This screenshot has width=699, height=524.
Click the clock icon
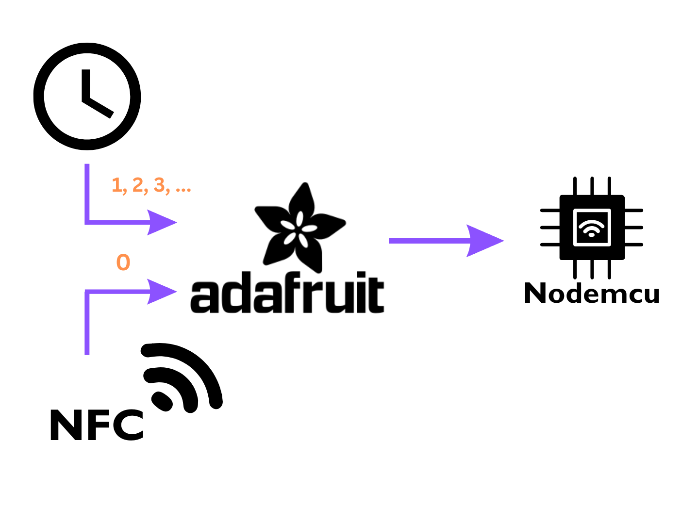pos(87,96)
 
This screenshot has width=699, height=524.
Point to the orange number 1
pos(117,185)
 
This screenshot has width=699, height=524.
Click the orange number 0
pos(123,262)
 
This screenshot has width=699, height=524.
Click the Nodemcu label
pos(591,294)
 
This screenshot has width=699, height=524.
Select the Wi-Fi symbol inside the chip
pos(592,227)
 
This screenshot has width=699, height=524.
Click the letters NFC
pos(97,425)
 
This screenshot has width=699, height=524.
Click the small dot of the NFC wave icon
pos(163,401)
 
